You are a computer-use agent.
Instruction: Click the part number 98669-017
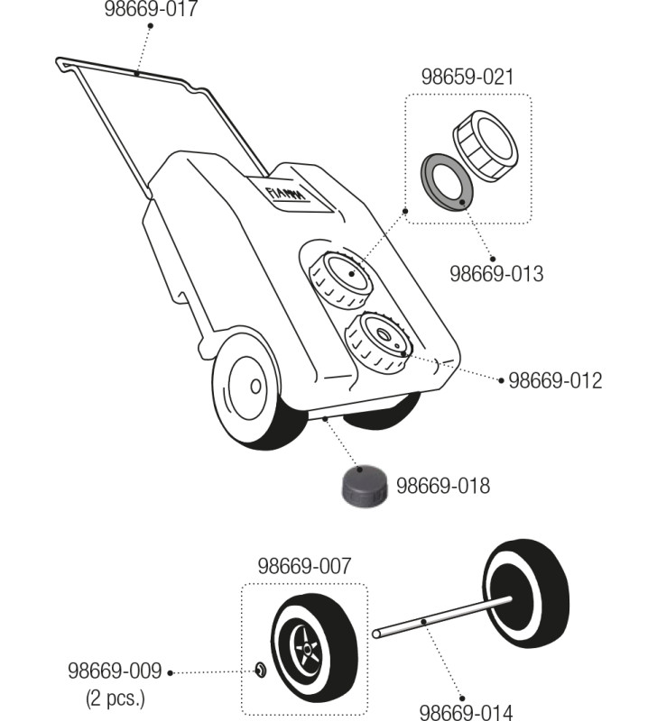(x=152, y=10)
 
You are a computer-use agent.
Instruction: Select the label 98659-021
(x=467, y=78)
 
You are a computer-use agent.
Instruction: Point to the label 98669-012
(x=555, y=380)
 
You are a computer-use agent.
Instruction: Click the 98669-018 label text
(x=443, y=487)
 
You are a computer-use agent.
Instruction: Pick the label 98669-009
(x=115, y=671)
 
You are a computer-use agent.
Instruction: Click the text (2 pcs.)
(x=115, y=698)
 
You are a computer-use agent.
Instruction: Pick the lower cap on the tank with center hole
(x=377, y=342)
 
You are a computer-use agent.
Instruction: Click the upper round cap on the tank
(x=340, y=277)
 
